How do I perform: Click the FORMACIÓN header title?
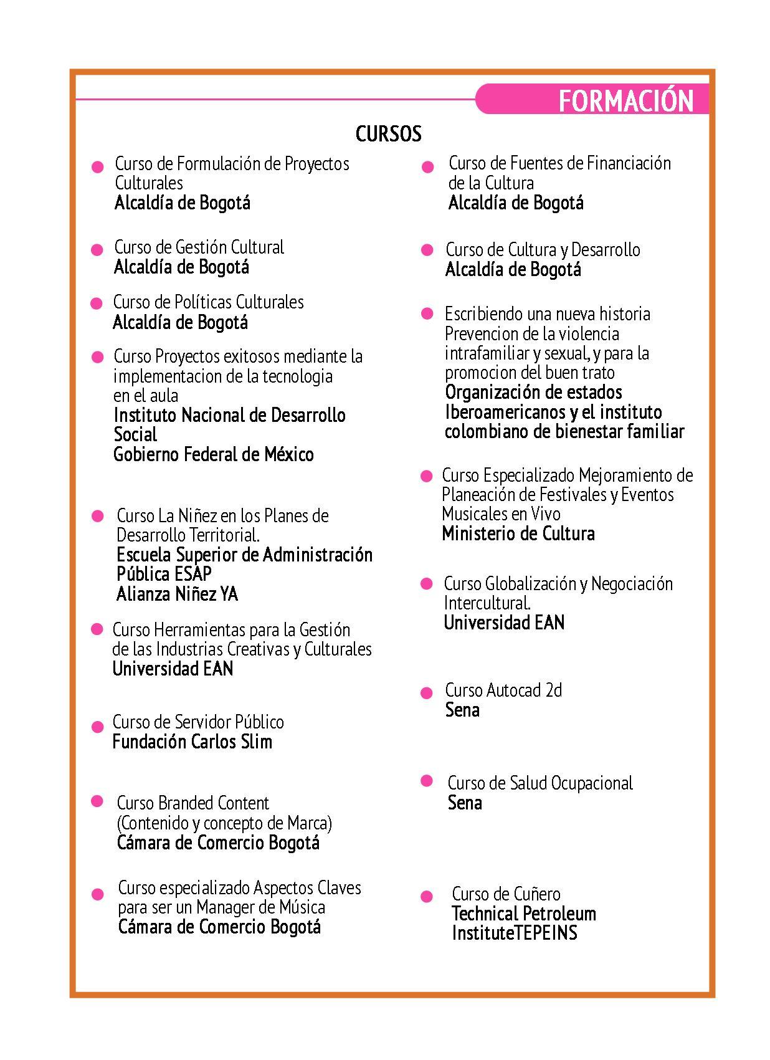(x=625, y=101)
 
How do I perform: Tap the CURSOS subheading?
(x=388, y=133)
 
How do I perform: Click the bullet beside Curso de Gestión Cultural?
(x=97, y=250)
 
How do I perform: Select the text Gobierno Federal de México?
(x=213, y=454)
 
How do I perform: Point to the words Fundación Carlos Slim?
(x=192, y=742)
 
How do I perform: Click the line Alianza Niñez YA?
(x=177, y=594)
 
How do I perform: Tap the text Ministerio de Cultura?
(x=518, y=533)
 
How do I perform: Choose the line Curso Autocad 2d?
(x=503, y=690)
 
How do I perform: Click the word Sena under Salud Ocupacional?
(x=464, y=803)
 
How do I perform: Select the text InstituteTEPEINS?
(x=514, y=933)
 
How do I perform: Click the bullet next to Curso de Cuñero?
(x=427, y=897)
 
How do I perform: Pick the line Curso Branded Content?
(x=192, y=803)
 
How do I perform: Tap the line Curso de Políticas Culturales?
(x=208, y=302)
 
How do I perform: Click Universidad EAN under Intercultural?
(x=503, y=623)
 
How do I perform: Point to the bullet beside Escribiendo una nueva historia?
(x=427, y=313)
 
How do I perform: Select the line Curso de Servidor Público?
(x=197, y=722)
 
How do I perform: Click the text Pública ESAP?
(x=164, y=574)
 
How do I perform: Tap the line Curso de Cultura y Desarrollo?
(x=542, y=250)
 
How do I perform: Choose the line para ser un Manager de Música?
(x=221, y=907)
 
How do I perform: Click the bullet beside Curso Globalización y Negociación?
(x=427, y=584)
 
